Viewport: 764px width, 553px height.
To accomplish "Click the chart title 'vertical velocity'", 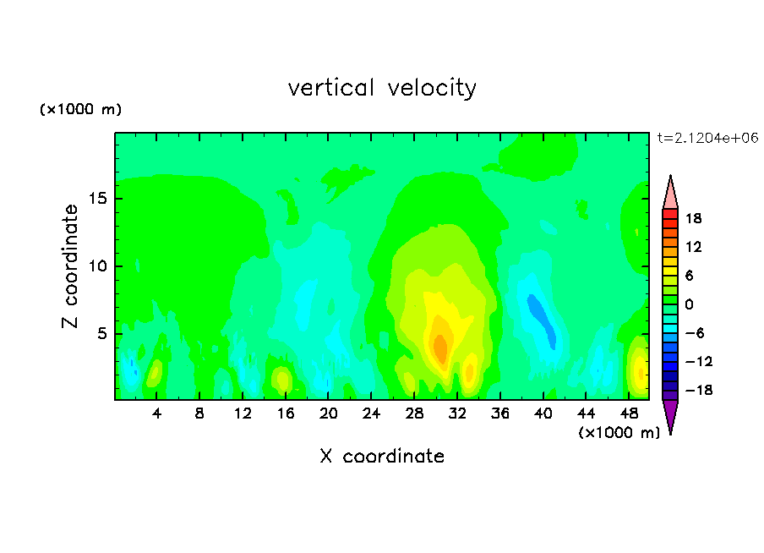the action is pyautogui.click(x=382, y=88).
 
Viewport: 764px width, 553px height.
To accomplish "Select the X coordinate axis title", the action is pyautogui.click(x=382, y=456).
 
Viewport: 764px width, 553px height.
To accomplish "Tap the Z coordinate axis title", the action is pyautogui.click(x=70, y=266).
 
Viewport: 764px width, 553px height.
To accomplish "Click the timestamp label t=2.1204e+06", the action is pyautogui.click(x=707, y=138).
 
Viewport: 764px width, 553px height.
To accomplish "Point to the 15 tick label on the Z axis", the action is pyautogui.click(x=98, y=199).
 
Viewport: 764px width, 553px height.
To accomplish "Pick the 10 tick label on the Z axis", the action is pyautogui.click(x=98, y=266).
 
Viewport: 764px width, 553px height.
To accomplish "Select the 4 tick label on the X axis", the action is pyautogui.click(x=156, y=413).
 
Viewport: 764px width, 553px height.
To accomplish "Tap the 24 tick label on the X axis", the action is pyautogui.click(x=371, y=413).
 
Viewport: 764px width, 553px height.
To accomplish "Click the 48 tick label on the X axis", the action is pyautogui.click(x=629, y=413).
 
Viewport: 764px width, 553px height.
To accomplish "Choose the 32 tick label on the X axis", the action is pyautogui.click(x=457, y=413).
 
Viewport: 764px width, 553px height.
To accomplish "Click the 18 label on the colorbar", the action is pyautogui.click(x=694, y=218).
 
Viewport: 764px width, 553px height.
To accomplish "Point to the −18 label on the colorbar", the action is pyautogui.click(x=699, y=390).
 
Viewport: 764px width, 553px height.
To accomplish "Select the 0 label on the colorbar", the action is pyautogui.click(x=689, y=304).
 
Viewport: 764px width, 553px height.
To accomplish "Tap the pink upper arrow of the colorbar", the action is pyautogui.click(x=670, y=194).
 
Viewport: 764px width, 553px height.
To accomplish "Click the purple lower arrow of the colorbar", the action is pyautogui.click(x=670, y=413).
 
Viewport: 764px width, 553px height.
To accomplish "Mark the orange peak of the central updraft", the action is pyautogui.click(x=440, y=348).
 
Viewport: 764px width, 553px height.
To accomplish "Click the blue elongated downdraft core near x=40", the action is pyautogui.click(x=542, y=320).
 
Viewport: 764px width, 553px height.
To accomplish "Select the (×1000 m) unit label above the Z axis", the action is pyautogui.click(x=80, y=109).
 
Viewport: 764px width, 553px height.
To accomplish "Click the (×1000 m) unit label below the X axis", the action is pyautogui.click(x=619, y=433).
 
